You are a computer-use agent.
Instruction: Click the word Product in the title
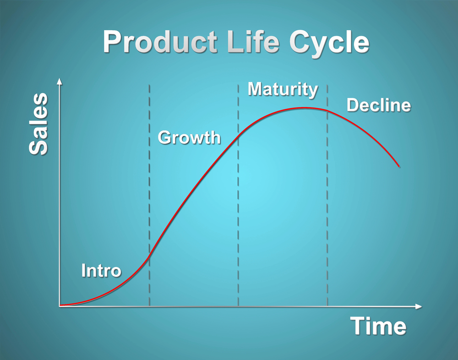click(x=160, y=43)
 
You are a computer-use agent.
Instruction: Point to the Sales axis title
click(x=38, y=124)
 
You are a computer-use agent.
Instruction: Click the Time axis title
click(x=378, y=326)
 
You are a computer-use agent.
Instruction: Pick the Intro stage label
click(x=101, y=271)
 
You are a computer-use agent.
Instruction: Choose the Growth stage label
click(x=189, y=137)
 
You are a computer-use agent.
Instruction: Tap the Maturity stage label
click(x=283, y=89)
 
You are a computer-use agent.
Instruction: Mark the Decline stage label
click(x=379, y=105)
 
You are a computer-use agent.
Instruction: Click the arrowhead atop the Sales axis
click(x=59, y=82)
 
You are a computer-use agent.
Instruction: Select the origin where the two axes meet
click(x=60, y=305)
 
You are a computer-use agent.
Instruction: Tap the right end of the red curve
click(x=399, y=167)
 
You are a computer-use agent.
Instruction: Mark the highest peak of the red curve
click(x=305, y=108)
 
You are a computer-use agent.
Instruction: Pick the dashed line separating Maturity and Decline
click(x=327, y=206)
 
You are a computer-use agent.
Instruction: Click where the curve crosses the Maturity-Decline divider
click(x=327, y=111)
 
